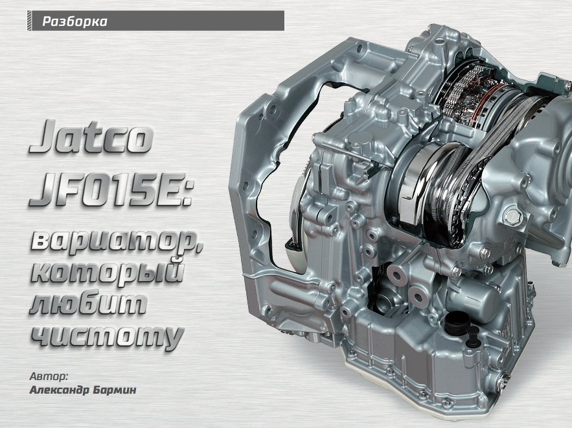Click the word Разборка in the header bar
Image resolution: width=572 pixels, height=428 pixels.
[x=74, y=21]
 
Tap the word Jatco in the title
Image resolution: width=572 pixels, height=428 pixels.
[x=91, y=137]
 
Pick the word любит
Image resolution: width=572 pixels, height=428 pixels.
[x=88, y=304]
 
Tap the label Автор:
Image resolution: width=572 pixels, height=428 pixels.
[x=49, y=376]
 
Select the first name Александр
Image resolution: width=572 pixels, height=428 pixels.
[x=60, y=390]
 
